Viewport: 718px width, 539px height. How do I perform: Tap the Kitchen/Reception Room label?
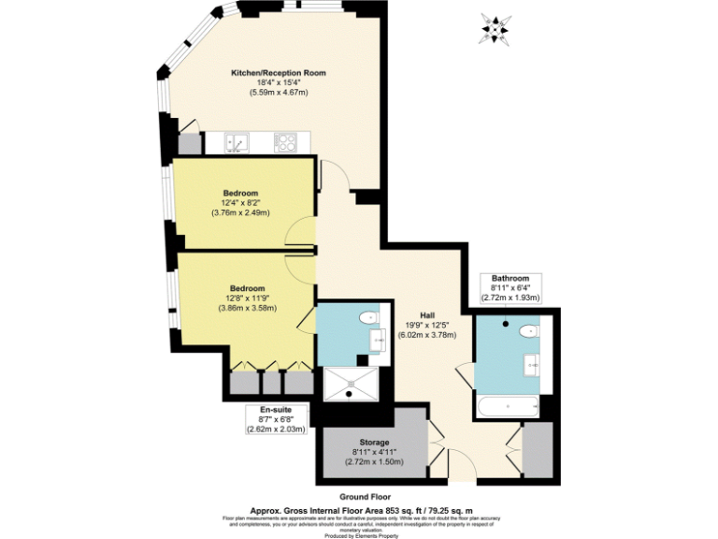click(x=279, y=72)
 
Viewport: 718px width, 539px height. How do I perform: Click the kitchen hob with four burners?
click(x=286, y=143)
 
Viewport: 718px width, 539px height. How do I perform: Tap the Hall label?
click(x=427, y=314)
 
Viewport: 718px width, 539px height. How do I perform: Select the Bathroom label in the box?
click(x=510, y=278)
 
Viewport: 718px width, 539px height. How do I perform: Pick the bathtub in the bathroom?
click(x=507, y=405)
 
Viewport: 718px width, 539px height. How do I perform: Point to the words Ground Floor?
click(x=366, y=496)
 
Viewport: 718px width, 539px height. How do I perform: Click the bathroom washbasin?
click(x=533, y=364)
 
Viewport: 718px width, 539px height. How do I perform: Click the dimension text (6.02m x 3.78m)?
click(x=427, y=335)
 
